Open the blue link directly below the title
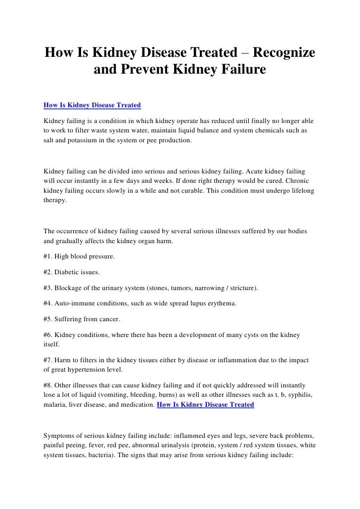92,105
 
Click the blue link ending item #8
205,404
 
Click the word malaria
55,405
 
